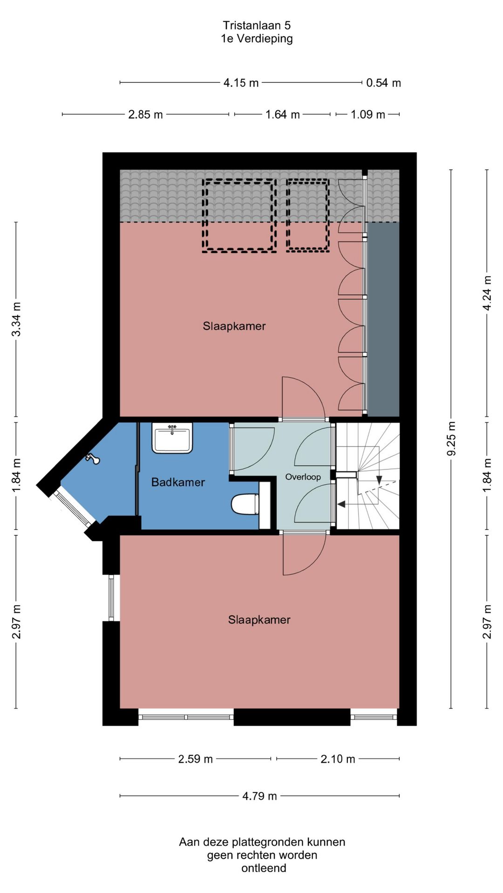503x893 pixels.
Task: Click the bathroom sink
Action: (x=172, y=438)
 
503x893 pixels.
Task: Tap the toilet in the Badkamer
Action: (x=245, y=505)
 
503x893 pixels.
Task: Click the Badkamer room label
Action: (x=178, y=482)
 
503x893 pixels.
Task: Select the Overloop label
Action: (x=303, y=477)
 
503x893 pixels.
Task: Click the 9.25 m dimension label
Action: (x=451, y=439)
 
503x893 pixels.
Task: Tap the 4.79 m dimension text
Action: (x=259, y=796)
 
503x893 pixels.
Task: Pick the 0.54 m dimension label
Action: (x=383, y=83)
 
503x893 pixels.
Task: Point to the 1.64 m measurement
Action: (x=282, y=114)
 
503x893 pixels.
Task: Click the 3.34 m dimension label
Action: (x=16, y=319)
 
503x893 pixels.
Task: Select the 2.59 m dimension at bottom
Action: (x=195, y=759)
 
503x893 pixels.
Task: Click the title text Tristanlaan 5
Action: (x=257, y=25)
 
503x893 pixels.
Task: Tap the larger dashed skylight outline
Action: (x=239, y=216)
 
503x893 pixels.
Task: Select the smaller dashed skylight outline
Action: (x=308, y=215)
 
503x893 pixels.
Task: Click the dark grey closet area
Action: (x=384, y=319)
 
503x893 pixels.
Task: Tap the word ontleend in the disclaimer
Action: (x=264, y=868)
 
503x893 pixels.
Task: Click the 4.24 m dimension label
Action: (x=487, y=293)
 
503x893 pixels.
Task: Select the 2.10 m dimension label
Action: (x=338, y=759)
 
